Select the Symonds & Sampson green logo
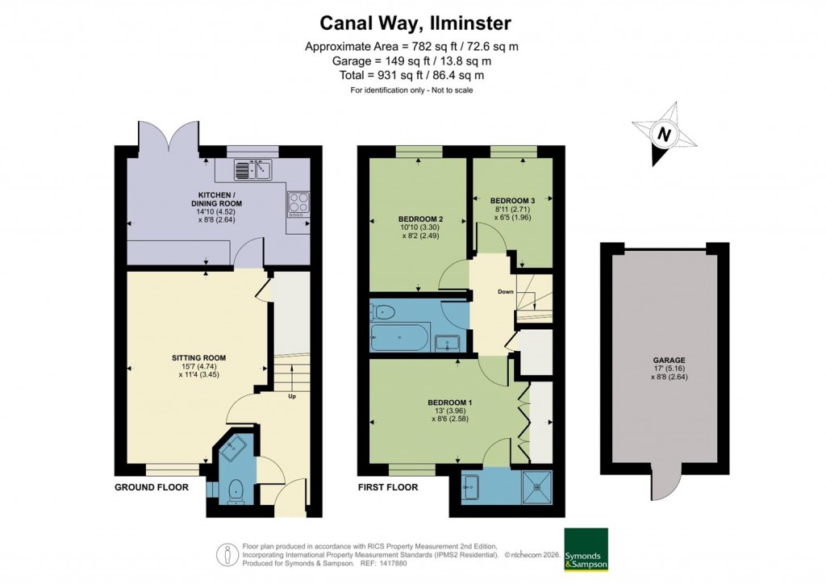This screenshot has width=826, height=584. point(585,549)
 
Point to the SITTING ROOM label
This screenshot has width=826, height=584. point(198,357)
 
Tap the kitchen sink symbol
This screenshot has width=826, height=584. point(254,169)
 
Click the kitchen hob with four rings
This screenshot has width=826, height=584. point(297,202)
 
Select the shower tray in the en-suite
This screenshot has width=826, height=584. point(536,486)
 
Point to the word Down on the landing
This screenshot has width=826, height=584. point(505,292)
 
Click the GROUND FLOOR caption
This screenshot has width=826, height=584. point(152,487)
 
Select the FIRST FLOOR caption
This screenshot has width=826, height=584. point(388,487)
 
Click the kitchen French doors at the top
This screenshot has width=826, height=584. point(169,137)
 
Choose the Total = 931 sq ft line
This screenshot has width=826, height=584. point(411,75)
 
